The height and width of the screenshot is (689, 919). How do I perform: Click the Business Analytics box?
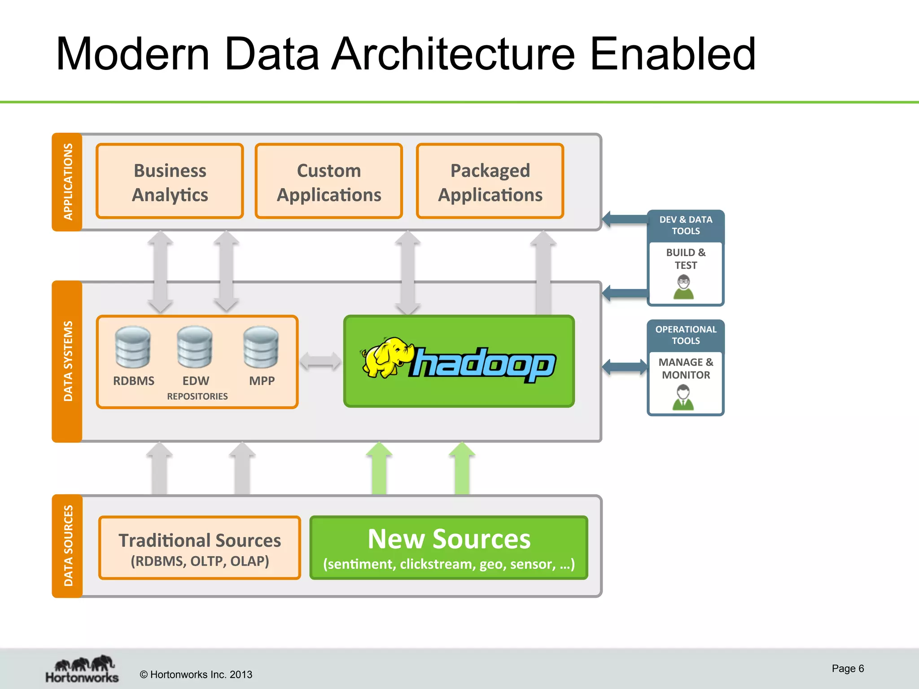[170, 182]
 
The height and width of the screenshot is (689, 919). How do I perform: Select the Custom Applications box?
[328, 182]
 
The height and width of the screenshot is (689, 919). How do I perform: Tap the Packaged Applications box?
[490, 182]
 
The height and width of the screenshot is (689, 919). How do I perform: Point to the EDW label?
[196, 381]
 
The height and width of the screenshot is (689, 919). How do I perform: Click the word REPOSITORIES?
[197, 397]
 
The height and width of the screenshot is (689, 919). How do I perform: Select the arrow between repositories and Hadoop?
[320, 361]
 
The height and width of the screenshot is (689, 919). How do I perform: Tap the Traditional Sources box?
[199, 548]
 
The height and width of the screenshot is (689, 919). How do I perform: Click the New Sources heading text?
[449, 539]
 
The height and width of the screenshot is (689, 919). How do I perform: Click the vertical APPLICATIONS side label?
[67, 182]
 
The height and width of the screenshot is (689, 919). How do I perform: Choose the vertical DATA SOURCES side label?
[67, 545]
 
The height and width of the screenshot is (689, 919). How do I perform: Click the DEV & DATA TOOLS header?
[685, 225]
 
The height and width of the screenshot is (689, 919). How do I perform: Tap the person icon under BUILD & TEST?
[683, 288]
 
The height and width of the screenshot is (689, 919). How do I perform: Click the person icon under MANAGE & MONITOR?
[683, 397]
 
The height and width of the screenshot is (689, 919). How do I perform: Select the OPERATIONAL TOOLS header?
[685, 335]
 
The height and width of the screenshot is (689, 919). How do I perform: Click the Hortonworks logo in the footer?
[82, 669]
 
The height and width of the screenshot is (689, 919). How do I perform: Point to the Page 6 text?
[847, 668]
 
